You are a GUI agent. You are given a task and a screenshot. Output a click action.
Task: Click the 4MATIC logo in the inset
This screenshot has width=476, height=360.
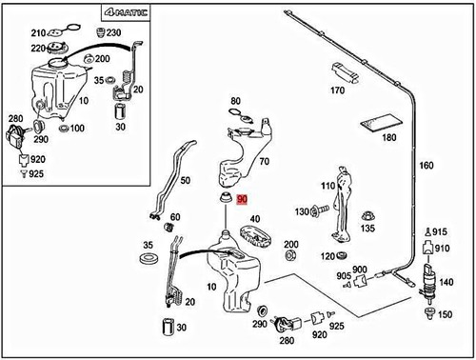[x=126, y=12]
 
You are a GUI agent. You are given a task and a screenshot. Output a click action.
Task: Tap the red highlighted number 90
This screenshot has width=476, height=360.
[x=242, y=200]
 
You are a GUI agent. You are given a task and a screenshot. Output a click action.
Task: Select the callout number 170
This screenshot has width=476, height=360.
[x=337, y=90]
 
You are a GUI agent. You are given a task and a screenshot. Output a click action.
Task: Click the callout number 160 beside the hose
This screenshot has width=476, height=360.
[x=426, y=166]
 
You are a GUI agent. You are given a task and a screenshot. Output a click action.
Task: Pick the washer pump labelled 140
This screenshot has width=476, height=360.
[x=428, y=282]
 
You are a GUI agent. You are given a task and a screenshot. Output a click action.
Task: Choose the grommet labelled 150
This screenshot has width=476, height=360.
[x=429, y=313]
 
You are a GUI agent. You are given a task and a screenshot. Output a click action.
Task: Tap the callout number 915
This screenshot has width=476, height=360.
[x=440, y=232]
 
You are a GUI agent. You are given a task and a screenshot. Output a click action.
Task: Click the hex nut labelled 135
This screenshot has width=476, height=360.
[x=368, y=216]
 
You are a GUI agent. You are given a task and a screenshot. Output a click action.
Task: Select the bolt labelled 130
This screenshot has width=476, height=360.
[x=320, y=210]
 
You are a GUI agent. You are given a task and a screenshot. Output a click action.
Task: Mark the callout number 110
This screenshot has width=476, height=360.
[x=327, y=186]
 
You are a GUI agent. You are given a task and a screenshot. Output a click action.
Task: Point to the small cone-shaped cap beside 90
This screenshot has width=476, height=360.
[x=226, y=198]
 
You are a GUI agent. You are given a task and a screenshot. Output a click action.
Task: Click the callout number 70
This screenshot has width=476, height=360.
[x=264, y=162]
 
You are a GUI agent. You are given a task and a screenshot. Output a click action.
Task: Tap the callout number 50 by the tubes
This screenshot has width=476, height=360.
[x=186, y=181]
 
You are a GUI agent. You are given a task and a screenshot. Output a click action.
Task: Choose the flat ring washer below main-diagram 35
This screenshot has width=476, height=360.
[x=149, y=258]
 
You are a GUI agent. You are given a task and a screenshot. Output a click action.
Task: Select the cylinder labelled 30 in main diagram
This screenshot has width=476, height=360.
[x=168, y=327]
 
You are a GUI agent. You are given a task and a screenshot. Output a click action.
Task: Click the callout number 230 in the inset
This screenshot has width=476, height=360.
[x=113, y=32]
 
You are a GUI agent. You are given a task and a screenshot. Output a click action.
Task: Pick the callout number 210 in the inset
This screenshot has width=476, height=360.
[x=38, y=33]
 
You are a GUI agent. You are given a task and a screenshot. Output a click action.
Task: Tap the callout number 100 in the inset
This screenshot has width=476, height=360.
[x=77, y=129]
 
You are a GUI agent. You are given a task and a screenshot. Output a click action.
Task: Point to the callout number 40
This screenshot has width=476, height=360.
[x=255, y=219]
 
